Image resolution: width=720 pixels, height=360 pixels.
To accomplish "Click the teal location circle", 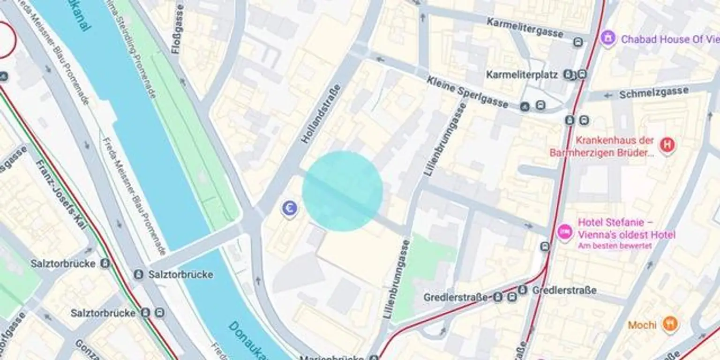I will pyautogui.click(x=342, y=191).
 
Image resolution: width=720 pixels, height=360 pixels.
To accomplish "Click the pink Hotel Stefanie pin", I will pyautogui.click(x=565, y=232).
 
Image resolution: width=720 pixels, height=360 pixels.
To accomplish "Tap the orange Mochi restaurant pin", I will pyautogui.click(x=670, y=324).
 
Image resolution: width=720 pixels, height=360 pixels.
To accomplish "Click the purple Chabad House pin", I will pyautogui.click(x=607, y=37).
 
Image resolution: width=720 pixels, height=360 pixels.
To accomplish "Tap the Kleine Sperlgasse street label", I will pyautogui.click(x=467, y=92).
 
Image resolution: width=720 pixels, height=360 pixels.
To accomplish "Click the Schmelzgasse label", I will pyautogui.click(x=653, y=93).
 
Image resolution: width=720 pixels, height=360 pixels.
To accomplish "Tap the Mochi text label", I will pyautogui.click(x=642, y=325).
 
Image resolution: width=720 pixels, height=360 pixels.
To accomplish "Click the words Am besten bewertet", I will pyautogui.click(x=615, y=246).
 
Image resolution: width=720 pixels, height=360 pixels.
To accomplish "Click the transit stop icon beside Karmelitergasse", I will pyautogui.click(x=578, y=42).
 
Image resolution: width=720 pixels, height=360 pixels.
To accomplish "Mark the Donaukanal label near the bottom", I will pyautogui.click(x=246, y=340).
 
